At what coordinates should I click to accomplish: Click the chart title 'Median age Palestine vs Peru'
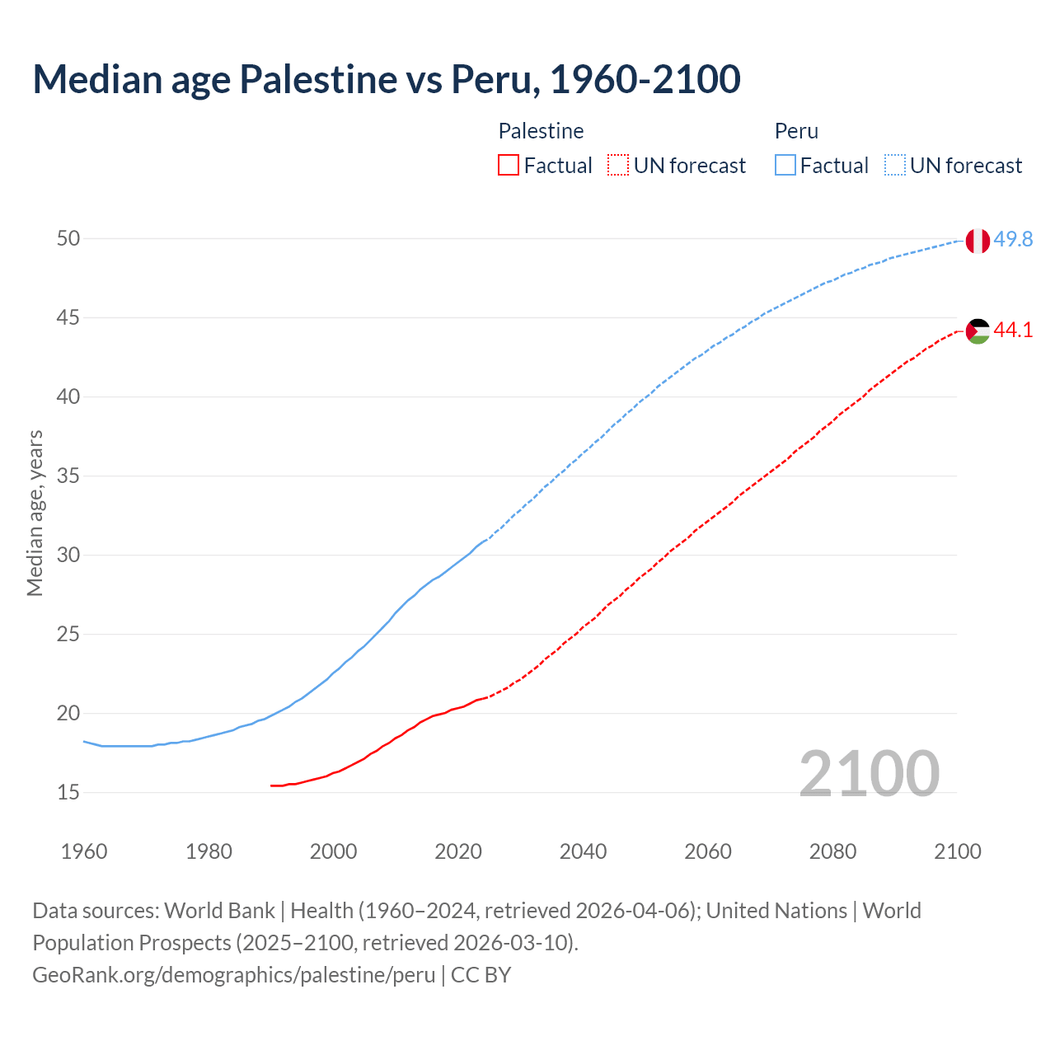[x=386, y=79]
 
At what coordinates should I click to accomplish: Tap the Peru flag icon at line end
[x=977, y=241]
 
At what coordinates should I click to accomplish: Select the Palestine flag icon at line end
[x=977, y=331]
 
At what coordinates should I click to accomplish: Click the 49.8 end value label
[x=1013, y=239]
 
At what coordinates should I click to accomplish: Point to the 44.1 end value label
[x=1013, y=331]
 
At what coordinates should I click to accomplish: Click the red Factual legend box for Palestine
[x=509, y=166]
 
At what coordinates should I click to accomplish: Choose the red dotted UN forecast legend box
[x=618, y=166]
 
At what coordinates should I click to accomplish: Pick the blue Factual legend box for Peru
[x=785, y=166]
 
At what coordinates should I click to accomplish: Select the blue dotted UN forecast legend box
[x=895, y=166]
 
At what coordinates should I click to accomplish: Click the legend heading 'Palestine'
[x=541, y=131]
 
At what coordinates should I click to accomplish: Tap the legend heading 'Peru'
[x=796, y=131]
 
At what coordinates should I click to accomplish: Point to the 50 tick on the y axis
[x=68, y=238]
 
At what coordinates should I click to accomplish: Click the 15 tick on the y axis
[x=68, y=792]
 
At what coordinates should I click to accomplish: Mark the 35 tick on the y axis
[x=68, y=476]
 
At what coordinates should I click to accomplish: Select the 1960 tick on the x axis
[x=84, y=851]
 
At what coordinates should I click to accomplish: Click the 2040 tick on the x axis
[x=583, y=851]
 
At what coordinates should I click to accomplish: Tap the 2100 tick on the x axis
[x=957, y=851]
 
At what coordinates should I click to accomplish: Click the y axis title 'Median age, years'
[x=35, y=513]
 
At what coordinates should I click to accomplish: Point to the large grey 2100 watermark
[x=869, y=773]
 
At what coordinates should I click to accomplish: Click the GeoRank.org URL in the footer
[x=233, y=975]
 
